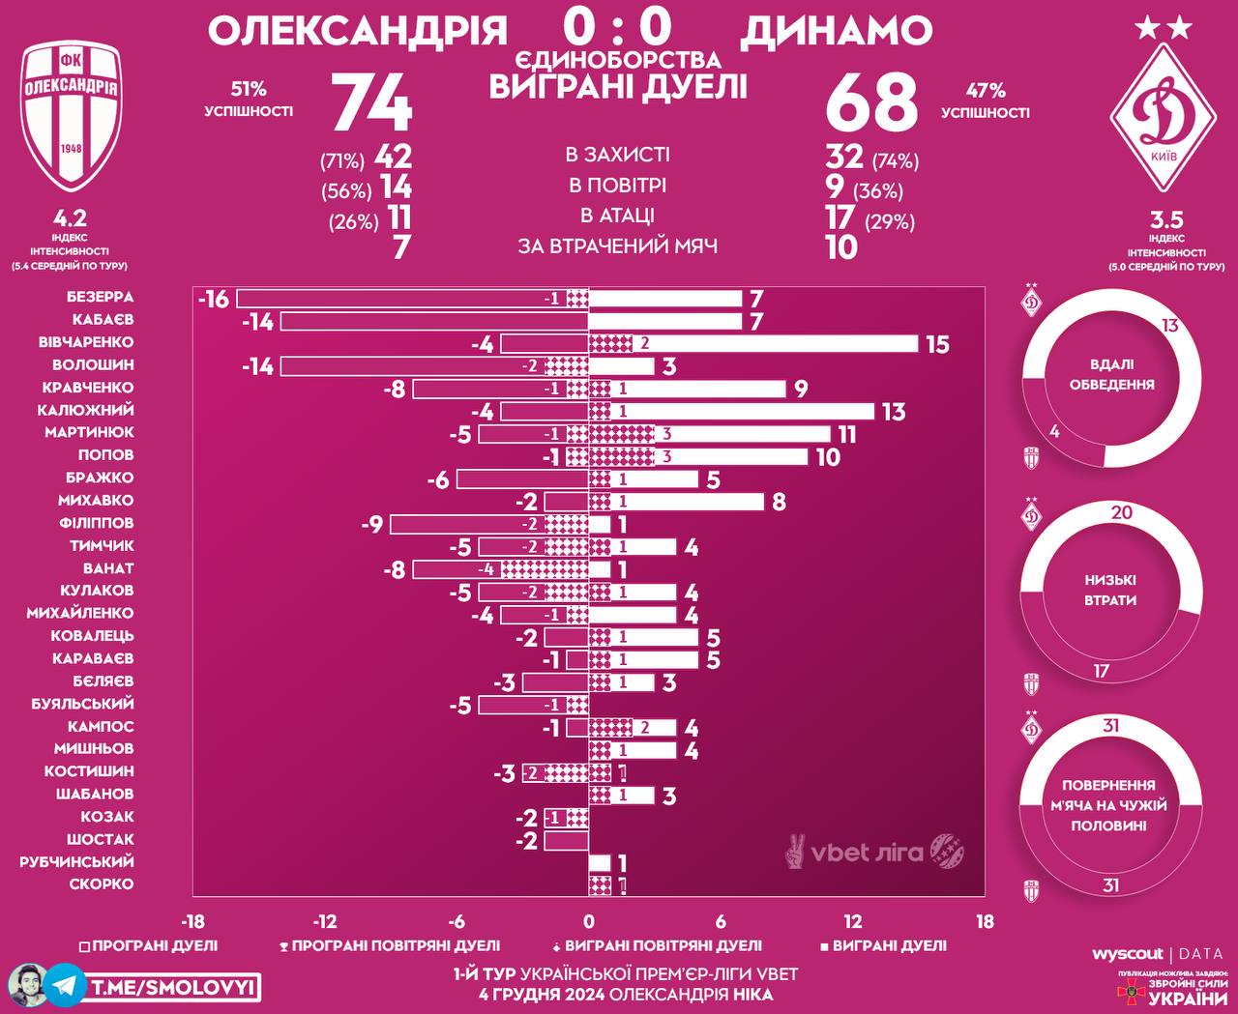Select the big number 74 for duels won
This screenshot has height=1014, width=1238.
point(372,102)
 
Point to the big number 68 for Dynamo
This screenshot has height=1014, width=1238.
point(870,102)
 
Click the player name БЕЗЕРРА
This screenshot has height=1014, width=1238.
point(100,297)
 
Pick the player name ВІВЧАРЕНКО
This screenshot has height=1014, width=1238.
point(86,342)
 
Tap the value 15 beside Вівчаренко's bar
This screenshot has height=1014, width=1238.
point(937,344)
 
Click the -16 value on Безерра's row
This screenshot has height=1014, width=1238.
point(214,299)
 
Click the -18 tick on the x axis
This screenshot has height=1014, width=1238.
point(193,922)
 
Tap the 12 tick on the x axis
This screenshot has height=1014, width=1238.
point(852,922)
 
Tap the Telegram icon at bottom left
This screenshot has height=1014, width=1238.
point(64,985)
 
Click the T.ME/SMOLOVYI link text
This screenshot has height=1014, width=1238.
point(174,986)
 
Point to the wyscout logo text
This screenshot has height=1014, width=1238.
point(1127,954)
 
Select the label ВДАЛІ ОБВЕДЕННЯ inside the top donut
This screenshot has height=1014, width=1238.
point(1111,375)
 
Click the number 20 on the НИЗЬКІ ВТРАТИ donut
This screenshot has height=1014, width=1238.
point(1121,512)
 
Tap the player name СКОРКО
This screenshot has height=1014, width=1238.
point(101,884)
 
